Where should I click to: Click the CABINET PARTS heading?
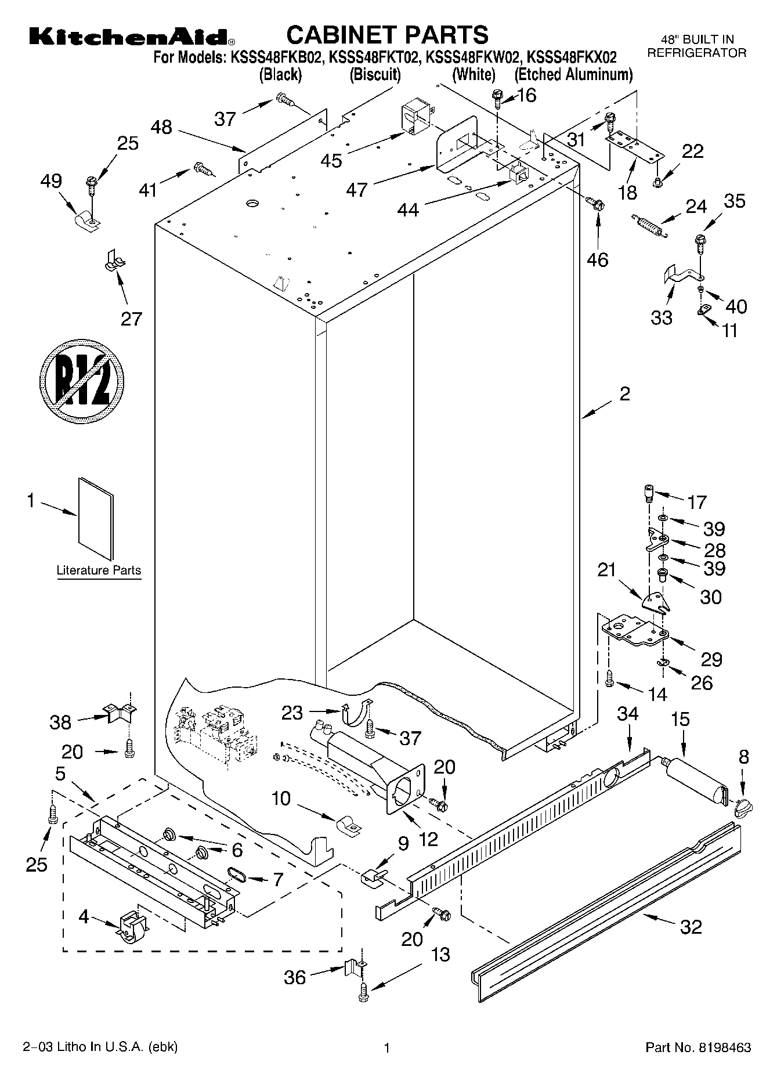click(388, 35)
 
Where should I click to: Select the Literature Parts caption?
click(99, 570)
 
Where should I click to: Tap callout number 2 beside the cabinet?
click(624, 394)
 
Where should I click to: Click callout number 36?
click(295, 977)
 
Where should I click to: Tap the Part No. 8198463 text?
click(698, 1048)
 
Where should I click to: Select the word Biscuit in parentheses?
click(375, 74)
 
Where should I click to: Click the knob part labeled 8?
click(743, 806)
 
